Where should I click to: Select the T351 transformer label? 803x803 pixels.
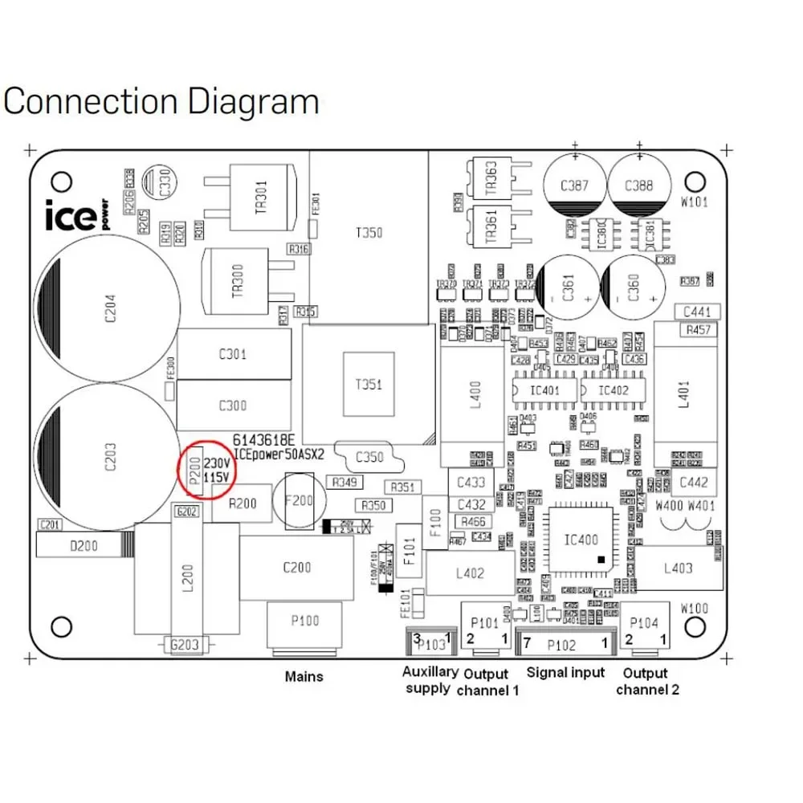coord(369,384)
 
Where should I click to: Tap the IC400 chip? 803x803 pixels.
coord(581,540)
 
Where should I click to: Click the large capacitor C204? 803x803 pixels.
coord(111,309)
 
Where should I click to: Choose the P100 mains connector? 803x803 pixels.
coord(304,622)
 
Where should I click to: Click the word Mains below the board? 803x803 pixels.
coord(304,677)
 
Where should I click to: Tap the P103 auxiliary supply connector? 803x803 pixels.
coord(431,642)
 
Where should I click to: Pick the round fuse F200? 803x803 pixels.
coord(300,500)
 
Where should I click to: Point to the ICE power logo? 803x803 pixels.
coord(76,214)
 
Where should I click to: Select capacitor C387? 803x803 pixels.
coord(573,186)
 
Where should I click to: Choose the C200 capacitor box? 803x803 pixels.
coord(297,568)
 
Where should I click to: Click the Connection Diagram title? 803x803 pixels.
coord(161,103)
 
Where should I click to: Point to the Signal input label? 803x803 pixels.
coord(565,673)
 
